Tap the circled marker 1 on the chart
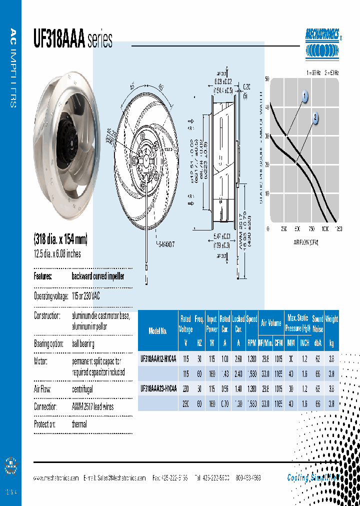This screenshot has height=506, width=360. (x=304, y=96)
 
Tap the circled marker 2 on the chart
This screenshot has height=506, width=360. (x=315, y=118)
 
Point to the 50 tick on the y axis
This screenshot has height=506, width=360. (x=267, y=79)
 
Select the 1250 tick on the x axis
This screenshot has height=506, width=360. (x=338, y=229)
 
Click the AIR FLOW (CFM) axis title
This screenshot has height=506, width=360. (x=306, y=242)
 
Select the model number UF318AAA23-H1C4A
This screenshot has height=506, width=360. (x=158, y=388)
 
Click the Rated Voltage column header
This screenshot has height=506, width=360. (x=186, y=323)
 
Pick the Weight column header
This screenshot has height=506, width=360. (x=331, y=319)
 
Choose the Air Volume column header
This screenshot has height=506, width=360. (x=271, y=323)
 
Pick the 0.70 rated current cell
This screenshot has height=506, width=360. (x=225, y=403)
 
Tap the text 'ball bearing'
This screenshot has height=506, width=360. (x=82, y=344)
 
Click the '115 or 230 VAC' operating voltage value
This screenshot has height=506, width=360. (x=85, y=296)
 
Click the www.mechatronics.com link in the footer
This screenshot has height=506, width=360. (x=56, y=477)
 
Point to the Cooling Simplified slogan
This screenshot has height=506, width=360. (x=313, y=477)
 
